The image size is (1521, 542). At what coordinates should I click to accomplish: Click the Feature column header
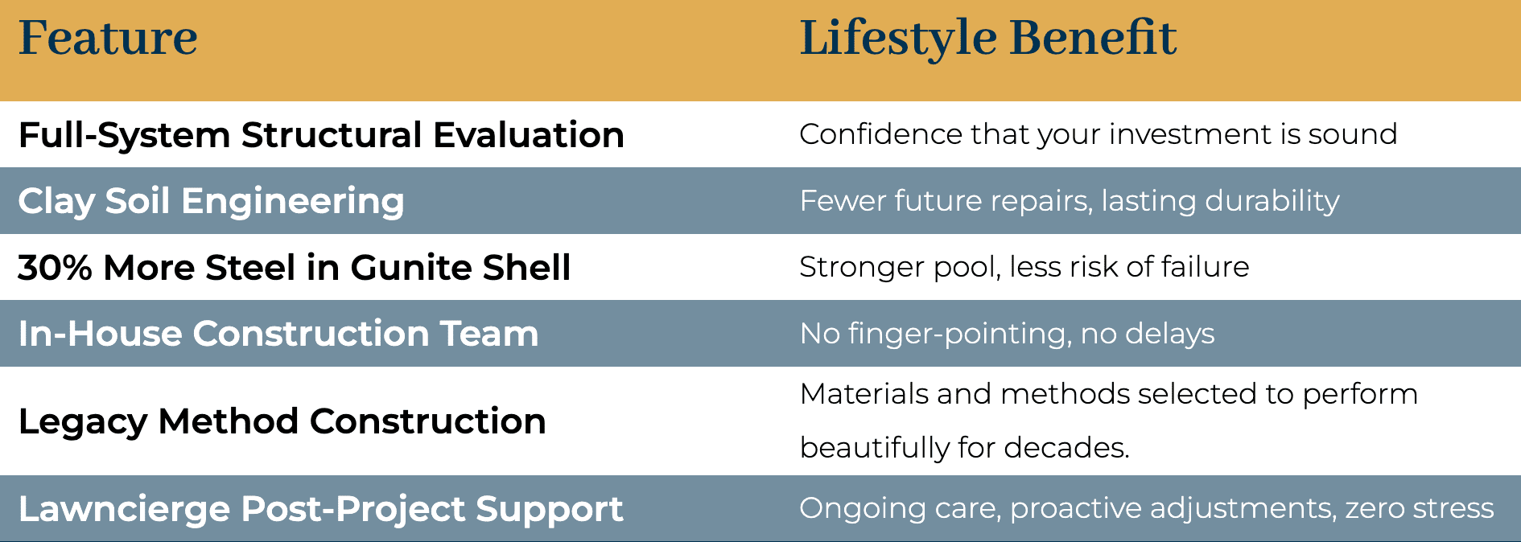pyautogui.click(x=108, y=38)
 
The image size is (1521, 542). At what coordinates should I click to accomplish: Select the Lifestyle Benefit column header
pyautogui.click(x=988, y=38)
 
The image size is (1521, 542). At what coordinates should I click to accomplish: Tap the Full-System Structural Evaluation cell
pyautogui.click(x=321, y=135)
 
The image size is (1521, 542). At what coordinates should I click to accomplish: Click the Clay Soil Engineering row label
pyautogui.click(x=211, y=201)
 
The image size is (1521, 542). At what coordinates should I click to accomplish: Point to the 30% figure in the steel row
pyautogui.click(x=55, y=267)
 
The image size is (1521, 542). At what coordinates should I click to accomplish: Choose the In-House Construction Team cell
pyautogui.click(x=278, y=334)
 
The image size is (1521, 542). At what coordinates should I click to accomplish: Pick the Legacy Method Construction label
pyautogui.click(x=282, y=421)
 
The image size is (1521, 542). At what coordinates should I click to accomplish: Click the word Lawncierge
pyautogui.click(x=124, y=509)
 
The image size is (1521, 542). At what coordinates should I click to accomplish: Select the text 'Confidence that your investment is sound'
pyautogui.click(x=1098, y=134)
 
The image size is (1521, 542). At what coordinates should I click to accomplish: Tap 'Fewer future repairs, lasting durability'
pyautogui.click(x=1070, y=201)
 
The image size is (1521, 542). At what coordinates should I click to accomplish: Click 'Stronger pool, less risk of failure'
pyautogui.click(x=1024, y=267)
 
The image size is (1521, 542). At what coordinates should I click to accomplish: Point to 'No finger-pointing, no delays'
pyautogui.click(x=1007, y=334)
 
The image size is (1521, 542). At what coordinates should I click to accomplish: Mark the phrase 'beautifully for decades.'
pyautogui.click(x=965, y=447)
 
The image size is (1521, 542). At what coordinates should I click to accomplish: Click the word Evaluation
pyautogui.click(x=529, y=135)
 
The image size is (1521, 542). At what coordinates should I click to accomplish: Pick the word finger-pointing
pyautogui.click(x=959, y=334)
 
